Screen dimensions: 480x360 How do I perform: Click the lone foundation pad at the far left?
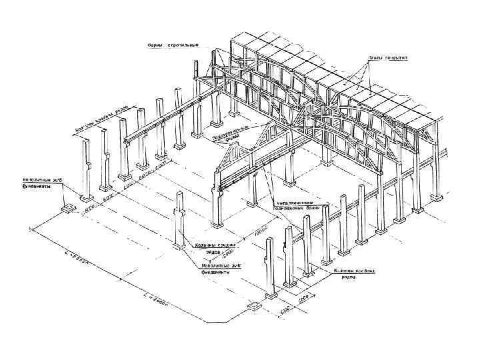point(69,209)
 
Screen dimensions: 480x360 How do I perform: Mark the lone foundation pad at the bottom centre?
point(254,307)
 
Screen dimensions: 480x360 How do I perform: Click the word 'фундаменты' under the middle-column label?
point(215,273)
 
